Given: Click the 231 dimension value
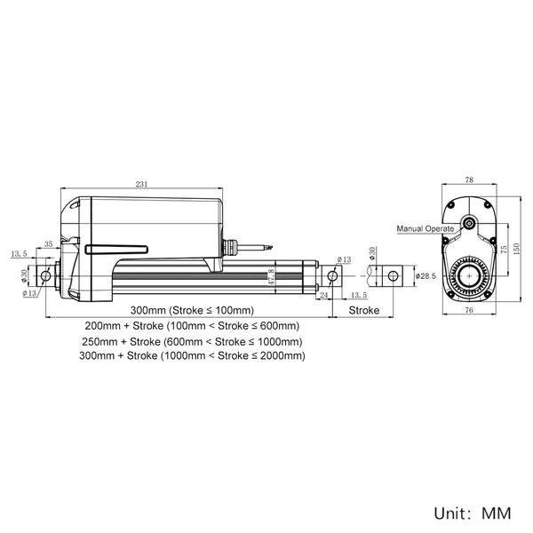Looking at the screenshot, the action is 142,184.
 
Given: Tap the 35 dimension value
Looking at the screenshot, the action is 49,243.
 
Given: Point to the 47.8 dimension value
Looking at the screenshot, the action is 271,277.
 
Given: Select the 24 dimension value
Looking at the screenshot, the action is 323,295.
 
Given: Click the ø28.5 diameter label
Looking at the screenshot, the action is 426,276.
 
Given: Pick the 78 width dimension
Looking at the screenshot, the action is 469,179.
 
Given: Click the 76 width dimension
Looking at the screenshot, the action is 469,310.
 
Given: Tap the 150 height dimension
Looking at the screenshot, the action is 516,249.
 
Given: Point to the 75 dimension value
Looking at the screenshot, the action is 504,249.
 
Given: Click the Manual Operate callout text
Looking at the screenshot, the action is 426,229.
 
